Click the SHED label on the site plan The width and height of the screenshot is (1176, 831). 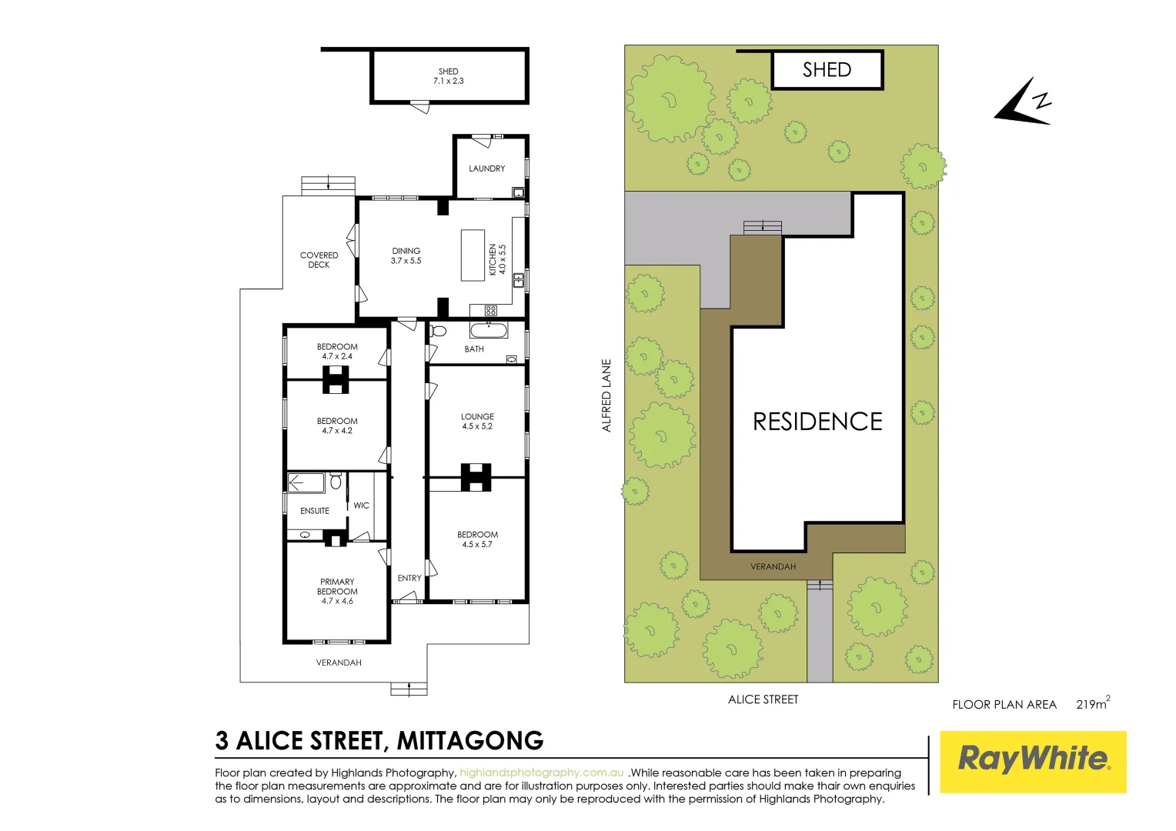pyautogui.click(x=827, y=70)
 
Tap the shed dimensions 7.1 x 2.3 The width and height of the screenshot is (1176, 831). pyautogui.click(x=449, y=81)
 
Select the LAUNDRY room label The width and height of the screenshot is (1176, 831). pyautogui.click(x=487, y=169)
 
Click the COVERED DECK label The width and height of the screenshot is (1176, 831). pyautogui.click(x=319, y=260)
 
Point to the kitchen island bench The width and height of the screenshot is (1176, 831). pyautogui.click(x=473, y=255)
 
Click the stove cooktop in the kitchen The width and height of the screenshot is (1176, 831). pyautogui.click(x=491, y=311)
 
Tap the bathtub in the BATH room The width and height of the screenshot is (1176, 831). pyautogui.click(x=489, y=332)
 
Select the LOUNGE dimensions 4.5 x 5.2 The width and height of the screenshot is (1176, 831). pyautogui.click(x=477, y=426)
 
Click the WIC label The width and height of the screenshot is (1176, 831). pyautogui.click(x=362, y=506)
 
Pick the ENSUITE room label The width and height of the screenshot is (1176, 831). pyautogui.click(x=315, y=511)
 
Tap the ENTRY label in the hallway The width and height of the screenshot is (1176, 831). pyautogui.click(x=409, y=578)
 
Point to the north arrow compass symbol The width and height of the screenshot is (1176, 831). pyautogui.click(x=1023, y=102)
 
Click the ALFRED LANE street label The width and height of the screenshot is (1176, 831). pyautogui.click(x=606, y=395)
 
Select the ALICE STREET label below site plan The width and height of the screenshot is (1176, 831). pyautogui.click(x=763, y=699)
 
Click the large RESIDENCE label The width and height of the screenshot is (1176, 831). pyautogui.click(x=817, y=422)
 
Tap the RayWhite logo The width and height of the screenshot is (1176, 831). pyautogui.click(x=1033, y=761)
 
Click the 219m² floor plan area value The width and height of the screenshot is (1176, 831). pyautogui.click(x=1092, y=704)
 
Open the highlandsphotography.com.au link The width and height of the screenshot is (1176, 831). pyautogui.click(x=542, y=773)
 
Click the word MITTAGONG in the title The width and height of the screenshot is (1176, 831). pyautogui.click(x=470, y=740)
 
